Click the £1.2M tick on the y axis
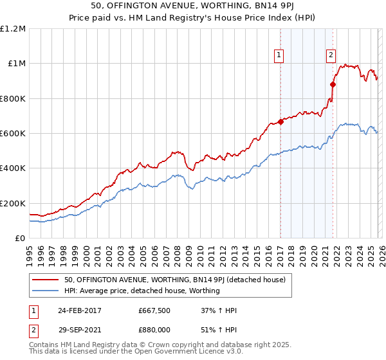14,29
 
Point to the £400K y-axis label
13,168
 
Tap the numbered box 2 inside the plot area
331,56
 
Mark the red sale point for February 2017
280,122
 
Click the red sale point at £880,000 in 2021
333,84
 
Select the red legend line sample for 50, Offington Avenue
45,280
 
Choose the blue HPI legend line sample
45,291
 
